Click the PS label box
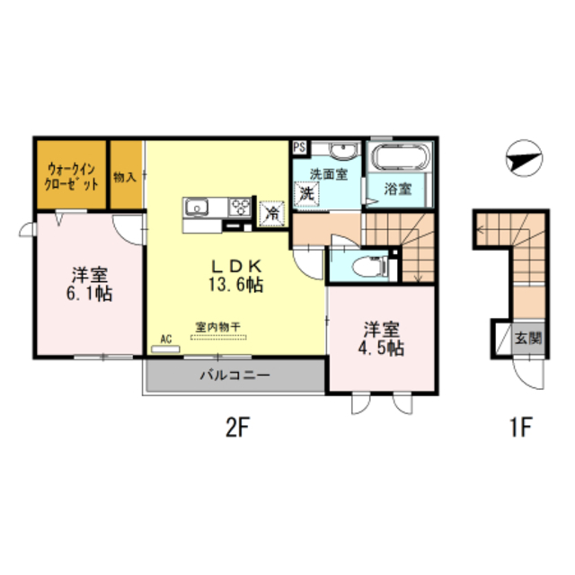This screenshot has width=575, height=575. coord(299,147)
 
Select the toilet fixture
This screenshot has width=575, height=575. coord(369,266)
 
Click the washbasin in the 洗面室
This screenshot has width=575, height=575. coord(343,150)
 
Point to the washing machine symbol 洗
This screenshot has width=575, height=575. coord(307,194)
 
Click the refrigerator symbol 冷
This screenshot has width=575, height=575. coord(271,214)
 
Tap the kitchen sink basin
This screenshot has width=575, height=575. coord(197,208)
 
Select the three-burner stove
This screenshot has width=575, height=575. coord(240,208)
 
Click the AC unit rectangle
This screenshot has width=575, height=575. coord(165,349)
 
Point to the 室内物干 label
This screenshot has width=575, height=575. coord(217,326)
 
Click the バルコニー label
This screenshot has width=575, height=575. coord(235,375)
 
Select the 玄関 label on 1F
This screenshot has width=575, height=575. coord(528,338)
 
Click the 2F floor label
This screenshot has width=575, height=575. coord(237,428)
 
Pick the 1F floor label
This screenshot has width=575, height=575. coord(521,428)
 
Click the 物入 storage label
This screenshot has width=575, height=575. coord(125,177)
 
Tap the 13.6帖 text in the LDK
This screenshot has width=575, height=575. coord(235,284)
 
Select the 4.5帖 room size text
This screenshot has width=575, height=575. coord(381,349)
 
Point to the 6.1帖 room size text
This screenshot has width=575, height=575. coord(89,294)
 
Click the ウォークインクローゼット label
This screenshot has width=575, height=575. coord(71,177)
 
